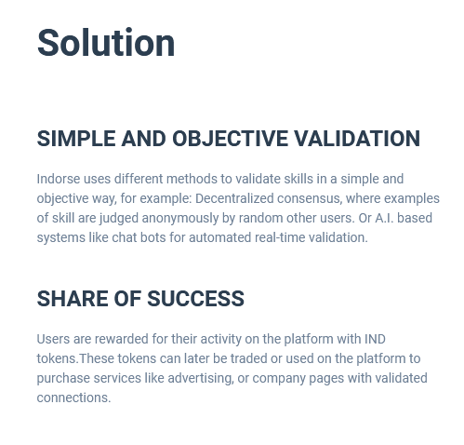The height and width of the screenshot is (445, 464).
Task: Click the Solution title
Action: coord(106,43)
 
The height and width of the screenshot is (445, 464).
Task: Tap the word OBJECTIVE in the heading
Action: coord(230,139)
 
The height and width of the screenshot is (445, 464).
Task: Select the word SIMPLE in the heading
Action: coord(76,139)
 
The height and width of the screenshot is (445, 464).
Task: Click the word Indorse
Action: coord(59,179)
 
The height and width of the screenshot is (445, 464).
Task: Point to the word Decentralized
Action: coord(234,198)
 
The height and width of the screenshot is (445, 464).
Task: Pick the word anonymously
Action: coord(180,219)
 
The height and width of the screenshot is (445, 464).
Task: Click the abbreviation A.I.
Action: coord(384,218)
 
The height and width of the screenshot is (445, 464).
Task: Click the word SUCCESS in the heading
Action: coord(195,299)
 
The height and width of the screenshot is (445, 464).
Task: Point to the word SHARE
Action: coord(73,299)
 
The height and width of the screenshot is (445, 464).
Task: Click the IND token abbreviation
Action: coord(375,339)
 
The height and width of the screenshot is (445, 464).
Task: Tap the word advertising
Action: coord(201,379)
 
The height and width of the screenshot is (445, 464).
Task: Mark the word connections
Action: coord(73,398)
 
